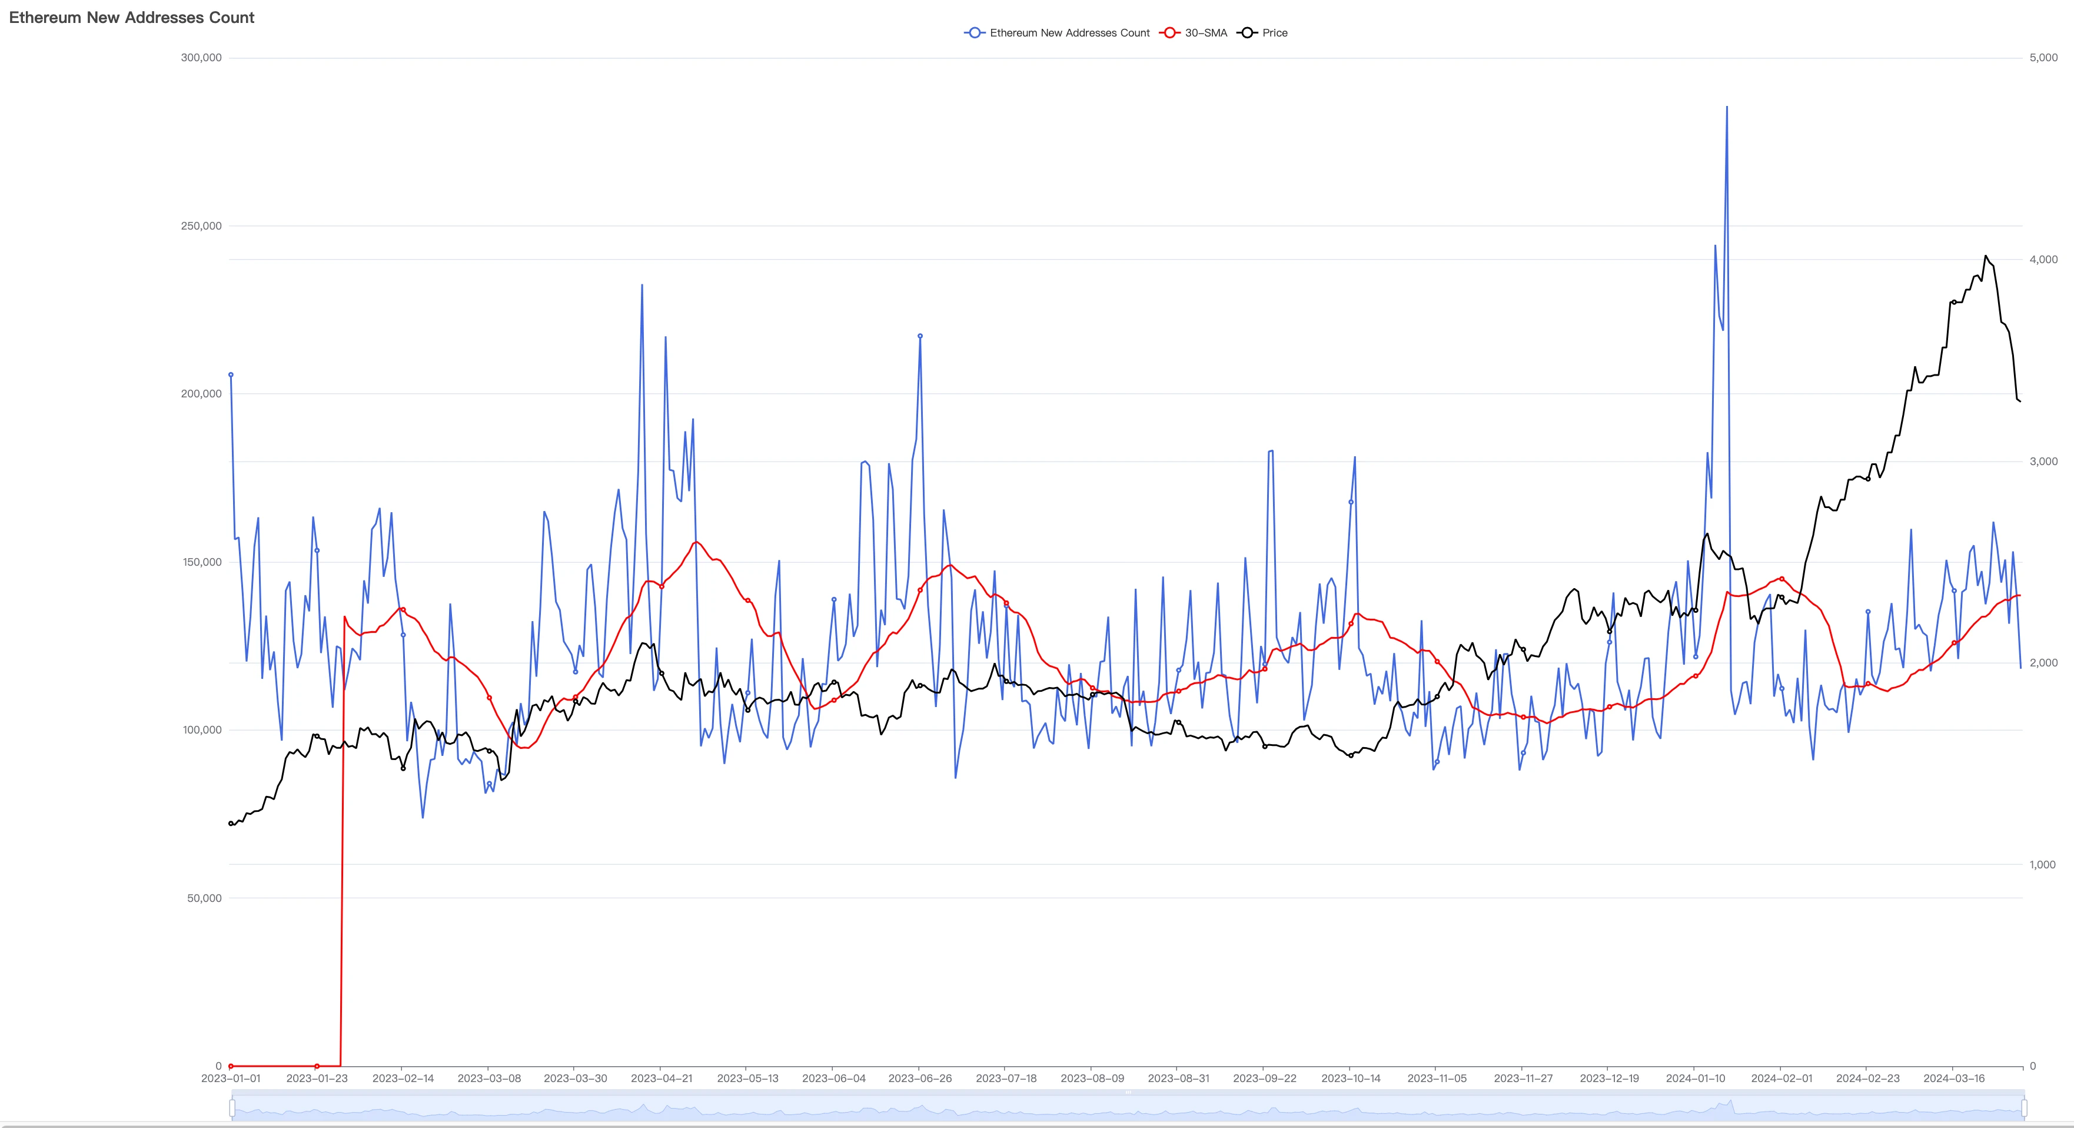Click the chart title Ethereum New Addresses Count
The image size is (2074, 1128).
point(131,18)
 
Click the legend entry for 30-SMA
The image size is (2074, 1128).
point(1205,33)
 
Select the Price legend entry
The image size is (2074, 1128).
point(1274,33)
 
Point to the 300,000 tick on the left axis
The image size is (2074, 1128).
point(201,58)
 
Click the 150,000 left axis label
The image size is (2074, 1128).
point(201,562)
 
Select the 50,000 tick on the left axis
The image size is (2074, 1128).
point(204,898)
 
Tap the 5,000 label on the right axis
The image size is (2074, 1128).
point(2043,58)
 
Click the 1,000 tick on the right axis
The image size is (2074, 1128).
point(2043,865)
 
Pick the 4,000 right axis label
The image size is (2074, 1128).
point(2043,259)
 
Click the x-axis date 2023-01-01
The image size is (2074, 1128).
point(231,1078)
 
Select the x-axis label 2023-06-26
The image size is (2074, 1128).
point(919,1078)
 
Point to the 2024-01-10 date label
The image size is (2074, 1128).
point(1696,1078)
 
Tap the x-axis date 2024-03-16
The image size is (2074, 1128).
point(1954,1078)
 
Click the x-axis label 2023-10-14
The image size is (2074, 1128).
point(1351,1078)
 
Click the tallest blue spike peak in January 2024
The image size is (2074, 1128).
point(1726,107)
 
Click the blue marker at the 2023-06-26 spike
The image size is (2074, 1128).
point(920,336)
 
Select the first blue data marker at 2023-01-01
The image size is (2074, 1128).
point(231,374)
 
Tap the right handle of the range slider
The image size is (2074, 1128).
point(2023,1109)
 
